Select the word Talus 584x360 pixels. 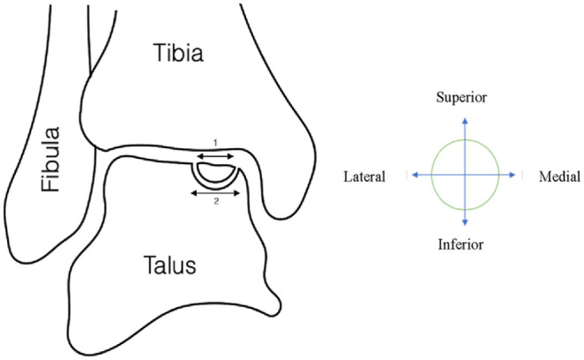(173, 264)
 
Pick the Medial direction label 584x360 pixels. (559, 176)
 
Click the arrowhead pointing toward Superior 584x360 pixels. (465, 116)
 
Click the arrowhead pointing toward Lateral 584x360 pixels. (410, 176)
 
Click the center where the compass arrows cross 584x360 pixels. (465, 176)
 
